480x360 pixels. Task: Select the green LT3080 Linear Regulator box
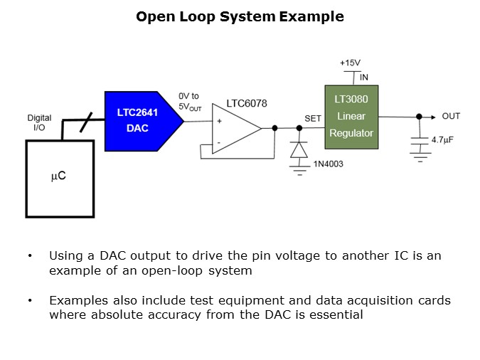(351, 117)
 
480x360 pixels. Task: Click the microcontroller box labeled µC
(59, 177)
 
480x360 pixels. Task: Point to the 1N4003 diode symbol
(299, 150)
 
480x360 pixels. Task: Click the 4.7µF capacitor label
(442, 139)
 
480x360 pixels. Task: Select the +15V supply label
(350, 62)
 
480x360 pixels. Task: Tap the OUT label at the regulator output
(451, 116)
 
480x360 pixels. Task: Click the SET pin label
(313, 118)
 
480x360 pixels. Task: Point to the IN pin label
(364, 78)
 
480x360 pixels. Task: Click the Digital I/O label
(40, 122)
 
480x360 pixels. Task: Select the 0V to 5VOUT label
(191, 101)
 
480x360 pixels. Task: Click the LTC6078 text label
(247, 104)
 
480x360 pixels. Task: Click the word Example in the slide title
(311, 16)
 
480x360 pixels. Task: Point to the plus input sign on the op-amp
(219, 122)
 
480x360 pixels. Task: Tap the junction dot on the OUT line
(419, 116)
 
